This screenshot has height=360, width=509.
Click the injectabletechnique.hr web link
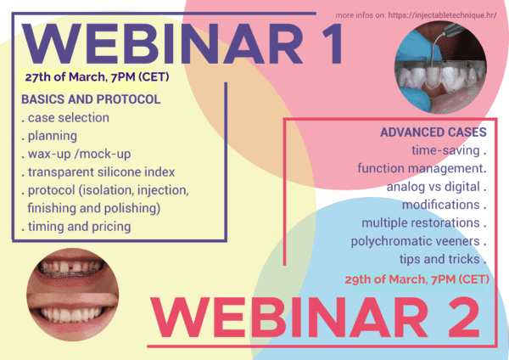tap(442, 15)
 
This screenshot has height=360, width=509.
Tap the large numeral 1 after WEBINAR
tap(331, 44)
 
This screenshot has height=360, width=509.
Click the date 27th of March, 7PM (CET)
tap(97, 77)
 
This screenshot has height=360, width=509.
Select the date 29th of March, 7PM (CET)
tap(417, 279)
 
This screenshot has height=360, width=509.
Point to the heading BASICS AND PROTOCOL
tap(91, 99)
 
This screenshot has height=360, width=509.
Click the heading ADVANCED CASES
tap(433, 132)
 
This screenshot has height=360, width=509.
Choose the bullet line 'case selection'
tap(65, 118)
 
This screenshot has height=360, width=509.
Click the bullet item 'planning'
tap(49, 136)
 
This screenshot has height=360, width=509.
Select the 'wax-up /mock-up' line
tap(76, 154)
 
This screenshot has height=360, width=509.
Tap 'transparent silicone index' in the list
tap(98, 172)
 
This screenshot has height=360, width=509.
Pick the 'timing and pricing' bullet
tap(76, 227)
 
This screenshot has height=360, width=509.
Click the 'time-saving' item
tap(449, 150)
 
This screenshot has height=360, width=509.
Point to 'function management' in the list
tap(422, 169)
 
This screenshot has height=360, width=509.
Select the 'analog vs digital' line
tap(437, 187)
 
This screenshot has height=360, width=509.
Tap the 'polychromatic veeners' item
tap(419, 241)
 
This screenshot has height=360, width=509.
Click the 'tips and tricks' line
tap(443, 259)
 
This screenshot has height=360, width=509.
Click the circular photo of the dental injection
tap(440, 68)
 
